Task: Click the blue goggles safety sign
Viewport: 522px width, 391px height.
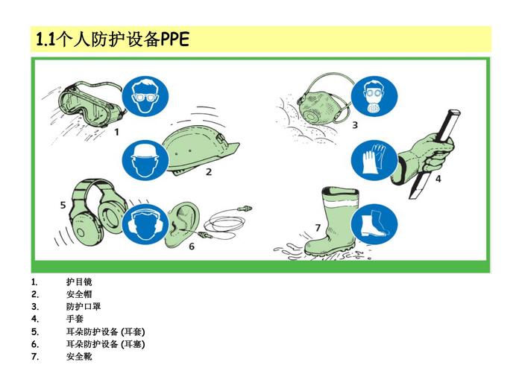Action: (x=145, y=96)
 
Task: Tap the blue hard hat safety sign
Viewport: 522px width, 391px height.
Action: (x=145, y=162)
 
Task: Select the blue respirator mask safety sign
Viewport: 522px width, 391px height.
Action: (x=374, y=96)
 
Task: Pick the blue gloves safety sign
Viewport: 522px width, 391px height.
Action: (x=374, y=161)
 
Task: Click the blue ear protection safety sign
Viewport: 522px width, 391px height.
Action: (x=145, y=224)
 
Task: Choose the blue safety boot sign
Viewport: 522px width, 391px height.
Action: (x=374, y=224)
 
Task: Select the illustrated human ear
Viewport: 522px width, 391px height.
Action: (x=183, y=224)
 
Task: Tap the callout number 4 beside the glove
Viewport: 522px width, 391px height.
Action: (x=438, y=179)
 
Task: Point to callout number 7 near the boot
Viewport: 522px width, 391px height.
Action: (x=318, y=228)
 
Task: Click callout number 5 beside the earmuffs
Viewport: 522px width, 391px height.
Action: (x=63, y=205)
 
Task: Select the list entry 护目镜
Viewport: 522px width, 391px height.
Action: (x=79, y=282)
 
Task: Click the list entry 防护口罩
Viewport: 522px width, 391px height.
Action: (x=84, y=306)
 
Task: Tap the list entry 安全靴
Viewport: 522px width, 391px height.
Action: (x=79, y=357)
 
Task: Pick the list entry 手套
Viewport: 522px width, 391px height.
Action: (x=75, y=319)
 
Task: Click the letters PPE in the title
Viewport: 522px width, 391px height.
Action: (x=174, y=39)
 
